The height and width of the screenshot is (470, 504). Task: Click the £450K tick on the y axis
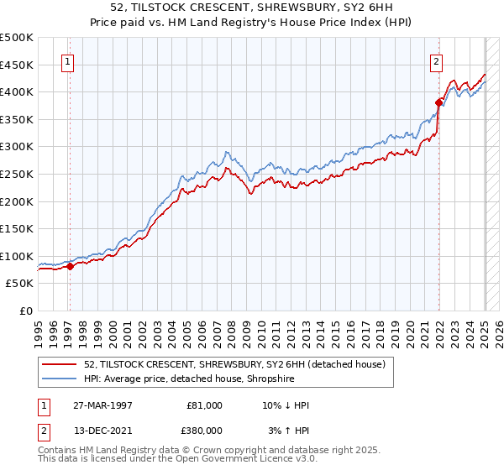coord(17,65)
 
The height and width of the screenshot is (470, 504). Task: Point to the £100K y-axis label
coord(17,256)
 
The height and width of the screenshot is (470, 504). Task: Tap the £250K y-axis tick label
coord(17,174)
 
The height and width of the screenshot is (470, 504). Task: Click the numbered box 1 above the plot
coord(66,60)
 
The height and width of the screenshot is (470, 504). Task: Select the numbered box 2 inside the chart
coord(437,60)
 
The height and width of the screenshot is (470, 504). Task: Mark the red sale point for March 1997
coord(70,266)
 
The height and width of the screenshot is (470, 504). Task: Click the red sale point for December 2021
coord(438,103)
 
